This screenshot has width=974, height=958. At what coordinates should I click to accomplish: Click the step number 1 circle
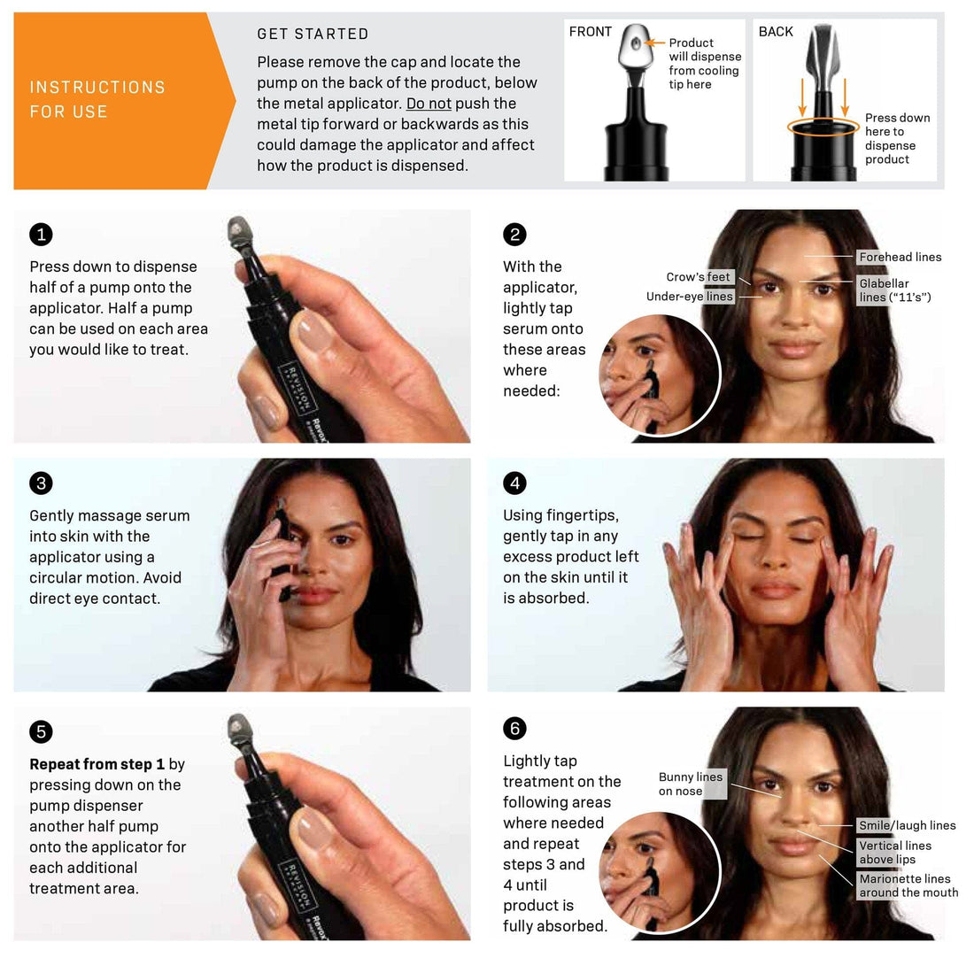41,235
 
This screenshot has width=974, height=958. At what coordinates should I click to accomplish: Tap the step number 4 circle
514,483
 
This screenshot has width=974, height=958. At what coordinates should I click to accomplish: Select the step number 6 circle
514,729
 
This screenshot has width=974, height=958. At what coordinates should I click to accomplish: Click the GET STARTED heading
313,35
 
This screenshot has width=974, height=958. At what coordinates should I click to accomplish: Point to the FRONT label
591,32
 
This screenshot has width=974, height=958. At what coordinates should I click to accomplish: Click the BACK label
776,32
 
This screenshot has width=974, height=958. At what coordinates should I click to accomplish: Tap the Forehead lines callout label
900,257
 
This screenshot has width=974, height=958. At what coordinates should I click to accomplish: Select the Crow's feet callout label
699,277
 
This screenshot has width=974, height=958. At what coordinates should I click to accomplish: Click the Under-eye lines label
690,297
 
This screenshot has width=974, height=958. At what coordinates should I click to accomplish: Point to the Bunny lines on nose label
691,784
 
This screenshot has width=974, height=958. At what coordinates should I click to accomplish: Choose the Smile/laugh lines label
907,825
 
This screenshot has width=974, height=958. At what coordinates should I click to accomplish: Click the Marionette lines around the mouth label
908,885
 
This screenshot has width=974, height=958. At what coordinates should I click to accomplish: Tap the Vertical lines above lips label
894,853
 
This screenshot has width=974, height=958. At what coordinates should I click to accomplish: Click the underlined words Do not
429,104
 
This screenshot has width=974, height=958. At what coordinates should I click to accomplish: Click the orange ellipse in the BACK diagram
823,127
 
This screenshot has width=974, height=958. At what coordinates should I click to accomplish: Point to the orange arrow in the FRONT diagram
654,42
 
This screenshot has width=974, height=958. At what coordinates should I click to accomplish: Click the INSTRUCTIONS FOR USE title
97,99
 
